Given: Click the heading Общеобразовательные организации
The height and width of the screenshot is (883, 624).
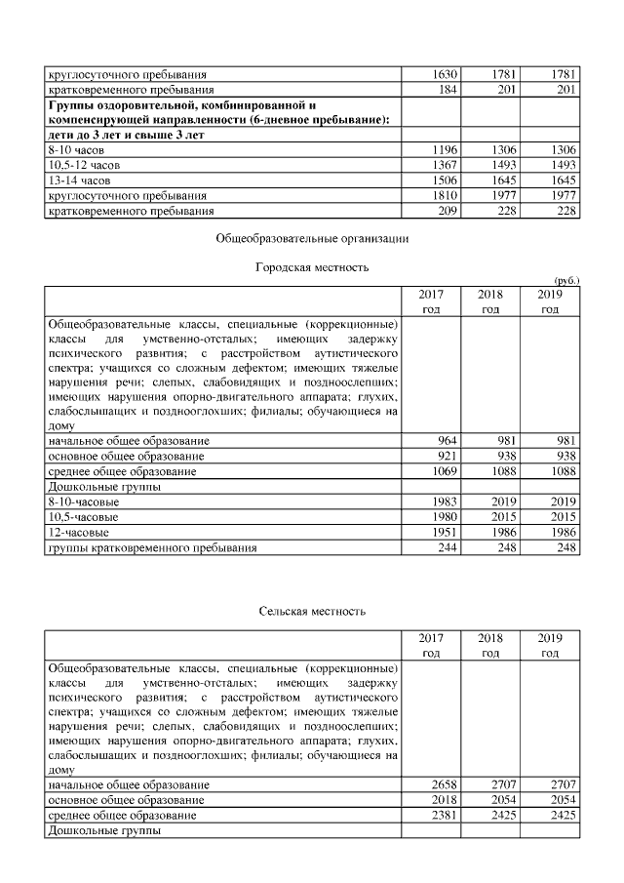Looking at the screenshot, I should (x=311, y=237).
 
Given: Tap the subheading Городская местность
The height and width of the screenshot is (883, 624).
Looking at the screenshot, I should (x=311, y=266).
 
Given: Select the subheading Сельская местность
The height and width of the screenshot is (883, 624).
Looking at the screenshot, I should (x=312, y=611).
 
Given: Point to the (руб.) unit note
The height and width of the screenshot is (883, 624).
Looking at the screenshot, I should (x=566, y=280).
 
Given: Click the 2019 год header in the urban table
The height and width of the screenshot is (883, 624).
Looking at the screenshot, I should (x=550, y=301).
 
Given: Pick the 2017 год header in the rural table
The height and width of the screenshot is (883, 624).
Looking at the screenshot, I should (x=431, y=645).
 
